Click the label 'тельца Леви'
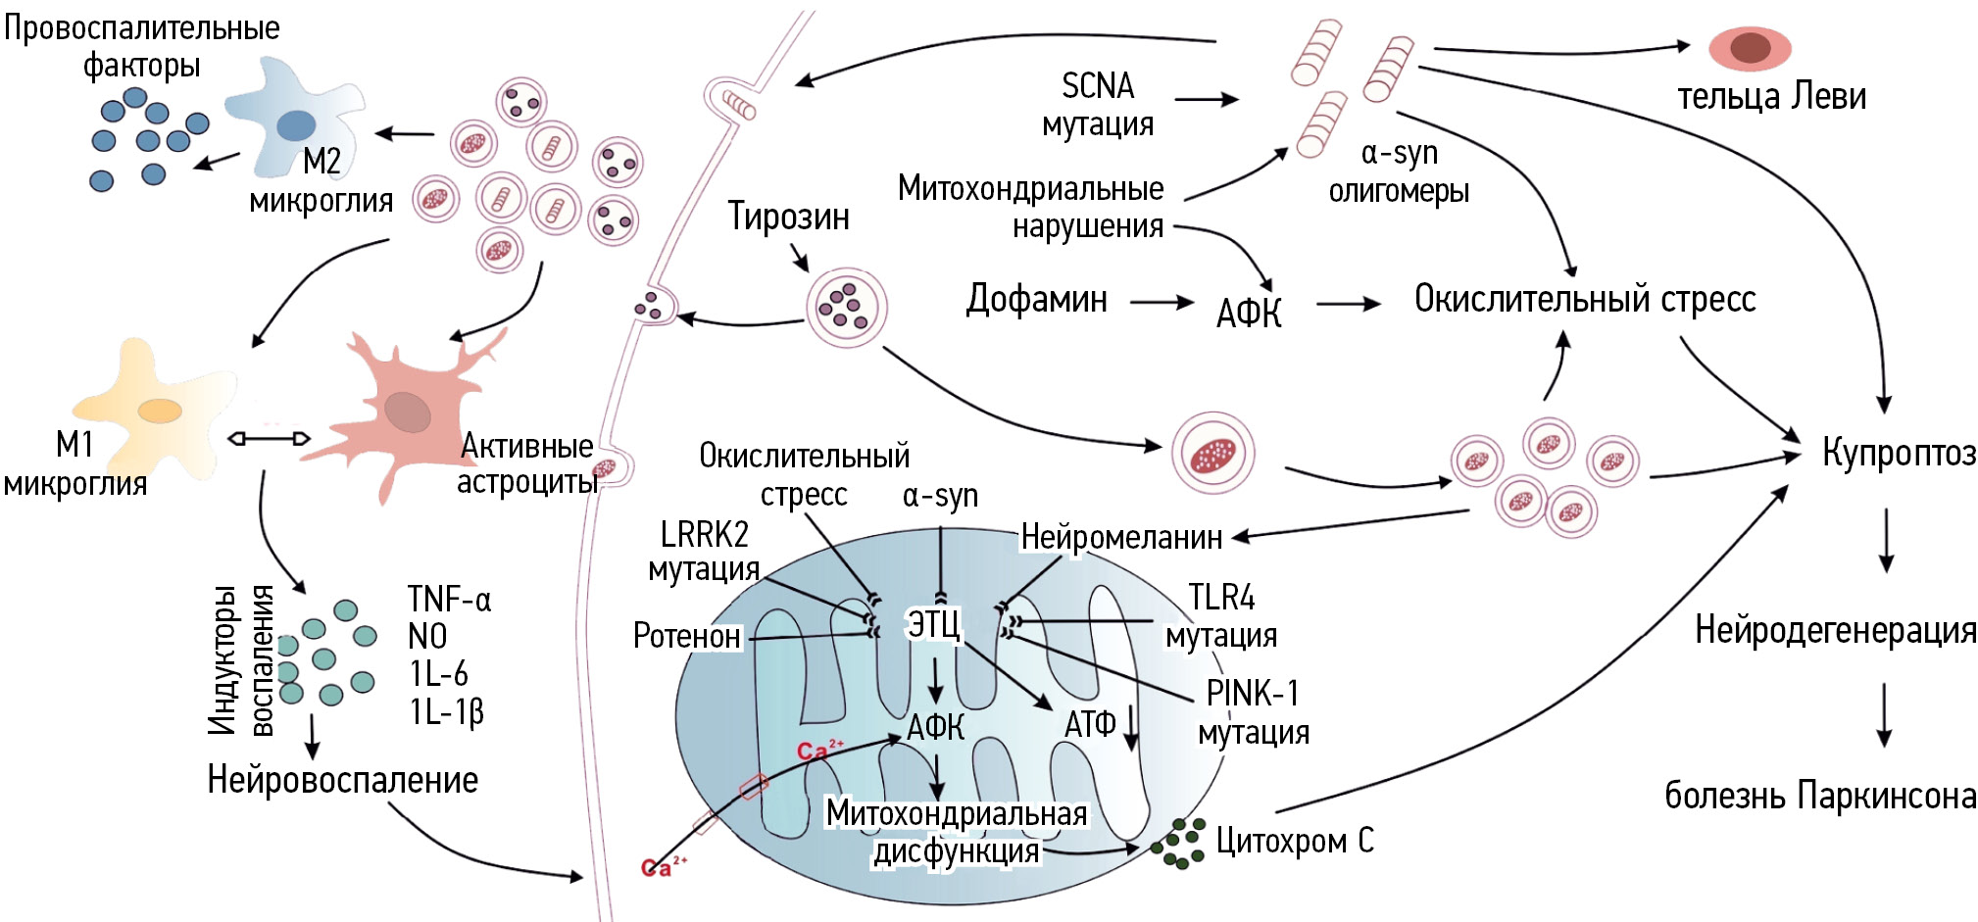click(1771, 96)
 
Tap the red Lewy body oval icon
click(1750, 48)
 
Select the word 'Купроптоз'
click(1899, 453)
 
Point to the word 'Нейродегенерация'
click(1835, 630)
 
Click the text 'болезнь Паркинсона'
click(1820, 796)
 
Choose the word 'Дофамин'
click(1037, 299)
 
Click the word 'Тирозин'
click(788, 217)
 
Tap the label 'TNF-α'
click(449, 599)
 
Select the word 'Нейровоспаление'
click(343, 780)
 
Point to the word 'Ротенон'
click(687, 636)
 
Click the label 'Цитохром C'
click(1295, 841)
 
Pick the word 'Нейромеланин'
click(1121, 537)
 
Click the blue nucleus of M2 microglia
click(296, 125)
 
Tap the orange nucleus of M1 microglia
click(159, 411)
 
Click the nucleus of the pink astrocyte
click(407, 412)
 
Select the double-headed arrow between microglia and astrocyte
click(269, 438)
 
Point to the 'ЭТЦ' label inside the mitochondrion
click(934, 624)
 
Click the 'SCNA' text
click(1098, 86)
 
